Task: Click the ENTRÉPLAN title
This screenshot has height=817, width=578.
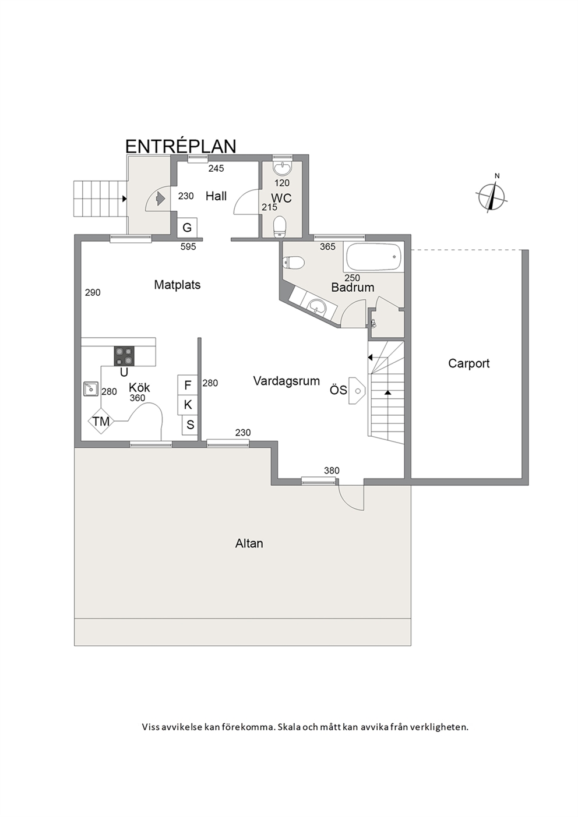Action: (x=181, y=146)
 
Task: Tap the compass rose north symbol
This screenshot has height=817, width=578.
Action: (x=492, y=196)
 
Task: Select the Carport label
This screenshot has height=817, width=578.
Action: (x=469, y=363)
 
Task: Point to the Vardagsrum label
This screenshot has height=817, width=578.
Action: (x=287, y=381)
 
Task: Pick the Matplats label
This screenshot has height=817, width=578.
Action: (x=177, y=285)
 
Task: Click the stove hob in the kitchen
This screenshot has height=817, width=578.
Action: (x=124, y=356)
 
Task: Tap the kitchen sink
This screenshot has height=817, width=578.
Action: (x=90, y=388)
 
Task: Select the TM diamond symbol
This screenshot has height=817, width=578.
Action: (x=101, y=421)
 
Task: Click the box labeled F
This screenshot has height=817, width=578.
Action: (x=188, y=385)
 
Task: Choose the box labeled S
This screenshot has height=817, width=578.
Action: (x=190, y=425)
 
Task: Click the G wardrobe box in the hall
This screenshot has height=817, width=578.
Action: (x=187, y=228)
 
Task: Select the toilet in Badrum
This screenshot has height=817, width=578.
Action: (x=293, y=263)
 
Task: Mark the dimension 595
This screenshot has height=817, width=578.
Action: (x=188, y=247)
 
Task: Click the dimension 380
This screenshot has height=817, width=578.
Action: (x=332, y=471)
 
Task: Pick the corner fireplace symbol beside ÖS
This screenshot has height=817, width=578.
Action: (x=357, y=390)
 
